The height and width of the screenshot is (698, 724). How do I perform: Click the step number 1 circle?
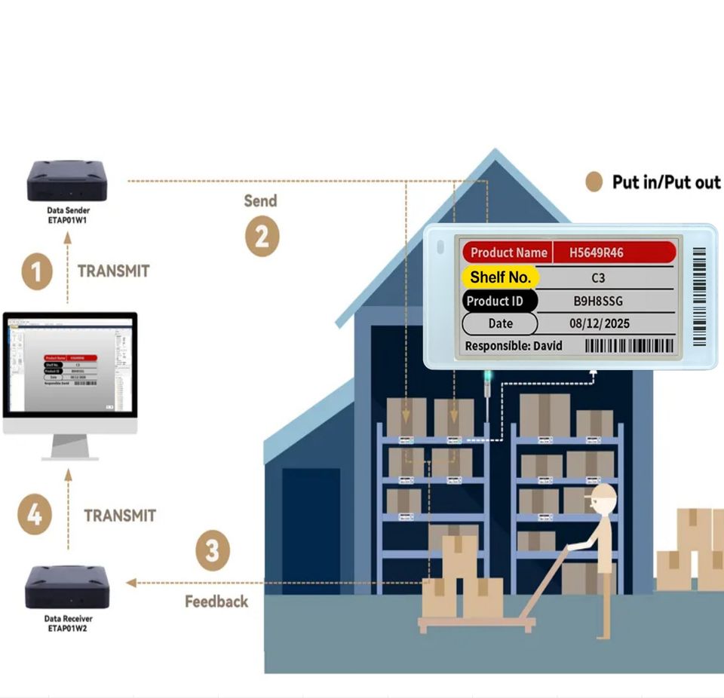[36, 271]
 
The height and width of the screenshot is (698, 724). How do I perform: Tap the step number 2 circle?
[262, 237]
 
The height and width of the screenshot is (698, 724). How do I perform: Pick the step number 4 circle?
[35, 516]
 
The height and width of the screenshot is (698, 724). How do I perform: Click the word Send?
[260, 201]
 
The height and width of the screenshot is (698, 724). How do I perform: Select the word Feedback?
[216, 602]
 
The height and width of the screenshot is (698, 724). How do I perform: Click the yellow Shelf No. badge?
[501, 277]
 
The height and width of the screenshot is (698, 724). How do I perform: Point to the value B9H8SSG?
[598, 302]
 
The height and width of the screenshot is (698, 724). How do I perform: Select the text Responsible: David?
[514, 346]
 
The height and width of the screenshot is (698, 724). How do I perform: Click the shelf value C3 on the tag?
[598, 278]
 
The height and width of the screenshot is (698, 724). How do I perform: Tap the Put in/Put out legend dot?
[594, 182]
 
